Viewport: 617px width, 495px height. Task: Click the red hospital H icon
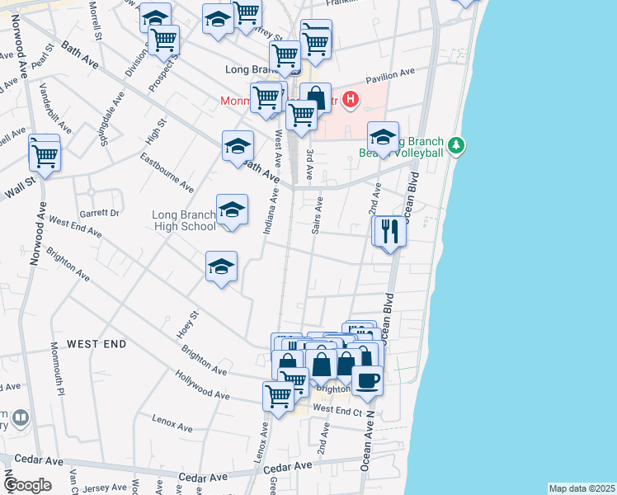coord(351,101)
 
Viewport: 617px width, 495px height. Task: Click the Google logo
coord(27,485)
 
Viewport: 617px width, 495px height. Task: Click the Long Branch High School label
coord(184,220)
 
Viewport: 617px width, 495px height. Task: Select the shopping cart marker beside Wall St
coord(45,154)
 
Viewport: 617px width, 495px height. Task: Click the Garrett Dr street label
coord(99,212)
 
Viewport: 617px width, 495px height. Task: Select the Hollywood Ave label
coord(202,384)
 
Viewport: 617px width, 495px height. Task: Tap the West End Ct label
coord(338,409)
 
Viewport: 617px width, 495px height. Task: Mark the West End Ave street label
coord(74,226)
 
